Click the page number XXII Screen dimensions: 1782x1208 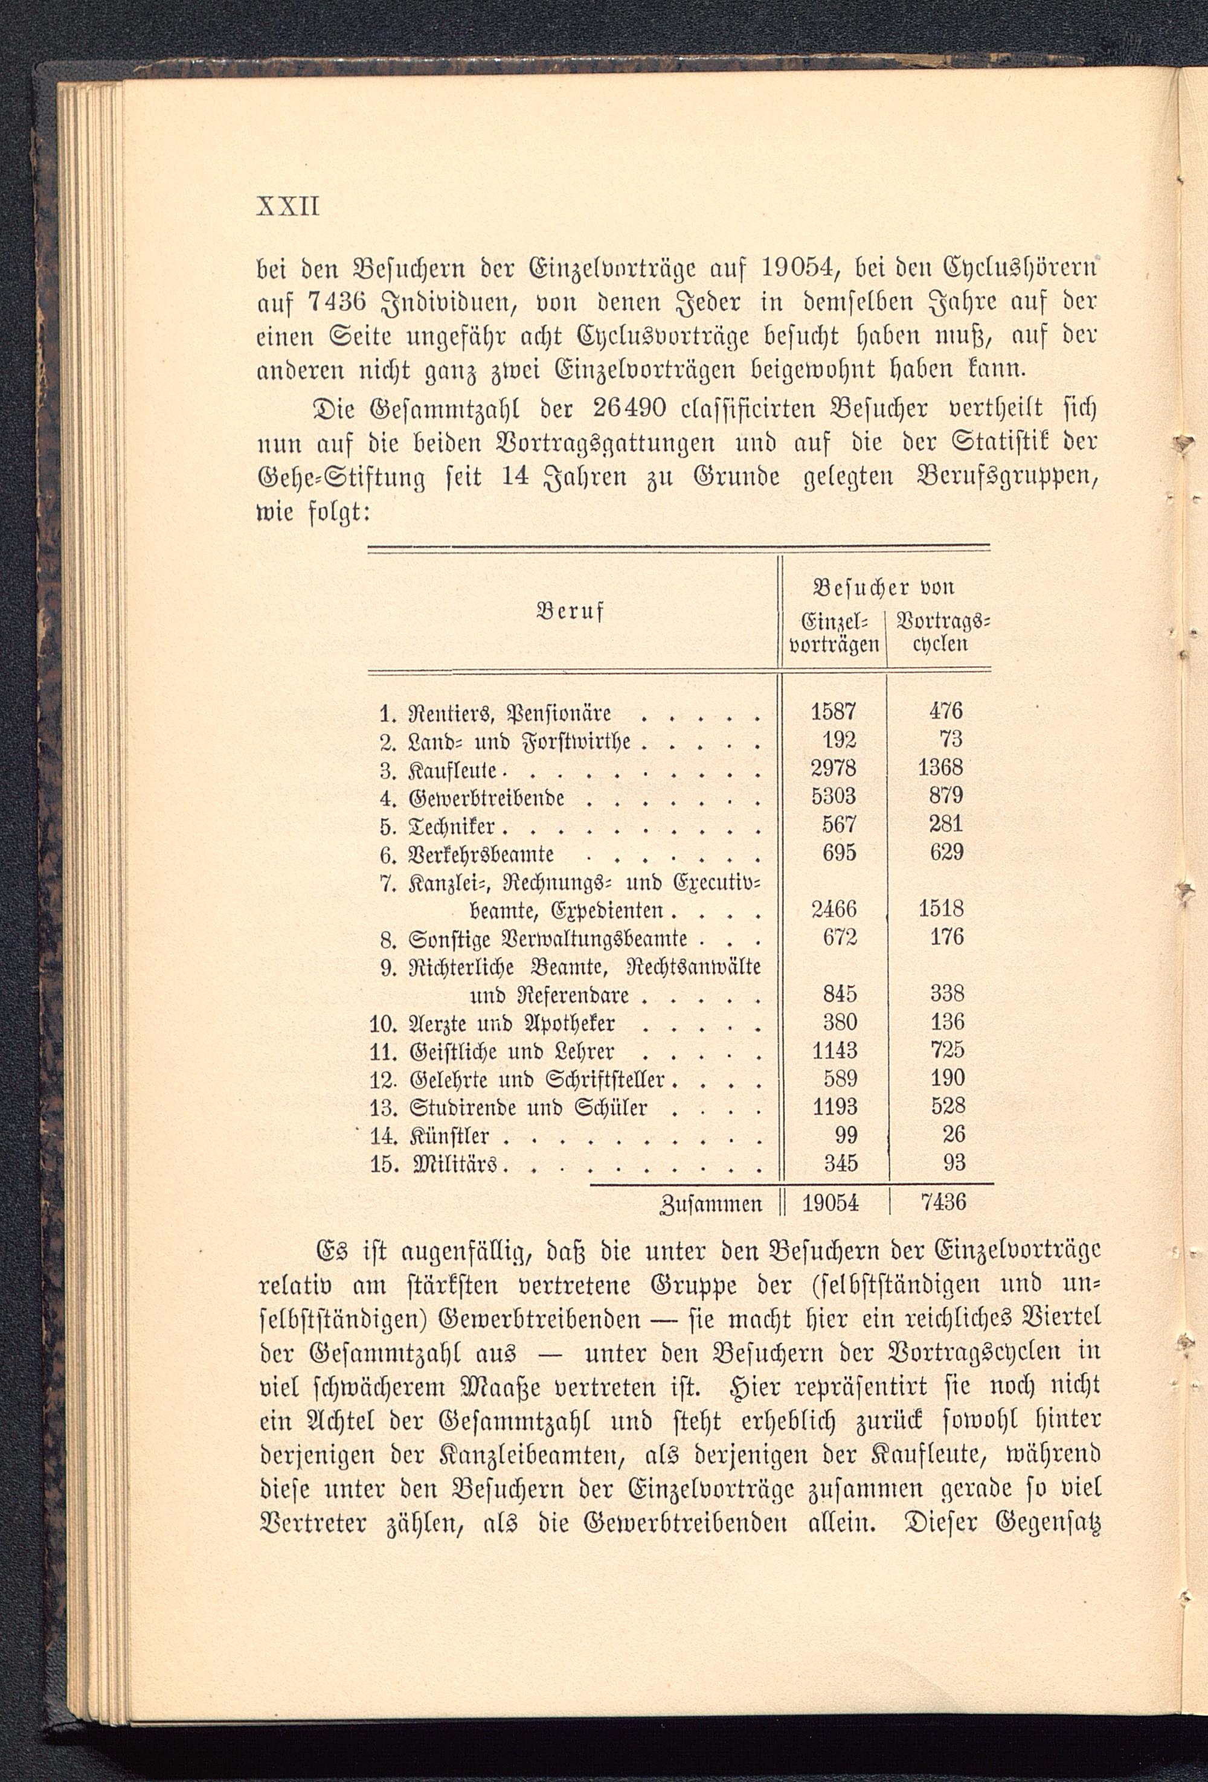[x=288, y=207]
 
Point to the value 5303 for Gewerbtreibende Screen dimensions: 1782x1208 [x=834, y=796]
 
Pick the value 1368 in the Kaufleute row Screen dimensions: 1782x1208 [x=940, y=768]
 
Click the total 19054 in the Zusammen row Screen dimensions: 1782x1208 [x=830, y=1203]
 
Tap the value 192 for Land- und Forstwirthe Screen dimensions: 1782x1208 [x=839, y=741]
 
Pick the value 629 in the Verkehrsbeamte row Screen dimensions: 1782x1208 [x=946, y=853]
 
